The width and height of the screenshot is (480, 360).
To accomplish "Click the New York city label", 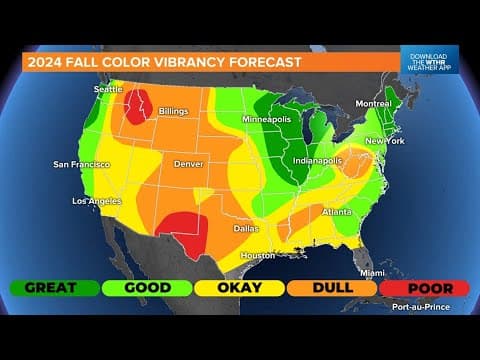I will (383, 141).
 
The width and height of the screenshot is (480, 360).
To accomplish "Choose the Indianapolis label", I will (318, 160).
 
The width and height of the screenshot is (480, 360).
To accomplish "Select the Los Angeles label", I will (98, 201).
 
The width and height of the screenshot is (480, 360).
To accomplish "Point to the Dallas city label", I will (246, 228).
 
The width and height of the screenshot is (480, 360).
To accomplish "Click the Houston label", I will (258, 255).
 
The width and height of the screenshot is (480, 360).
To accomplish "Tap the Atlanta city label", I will (336, 212).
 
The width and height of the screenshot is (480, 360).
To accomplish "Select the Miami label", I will (372, 272).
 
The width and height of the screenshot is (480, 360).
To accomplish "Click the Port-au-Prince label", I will (424, 307).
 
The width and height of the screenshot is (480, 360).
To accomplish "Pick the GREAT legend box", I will (54, 287).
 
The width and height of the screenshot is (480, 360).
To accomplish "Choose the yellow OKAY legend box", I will (238, 287).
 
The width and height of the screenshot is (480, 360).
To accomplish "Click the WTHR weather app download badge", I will (429, 59).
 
